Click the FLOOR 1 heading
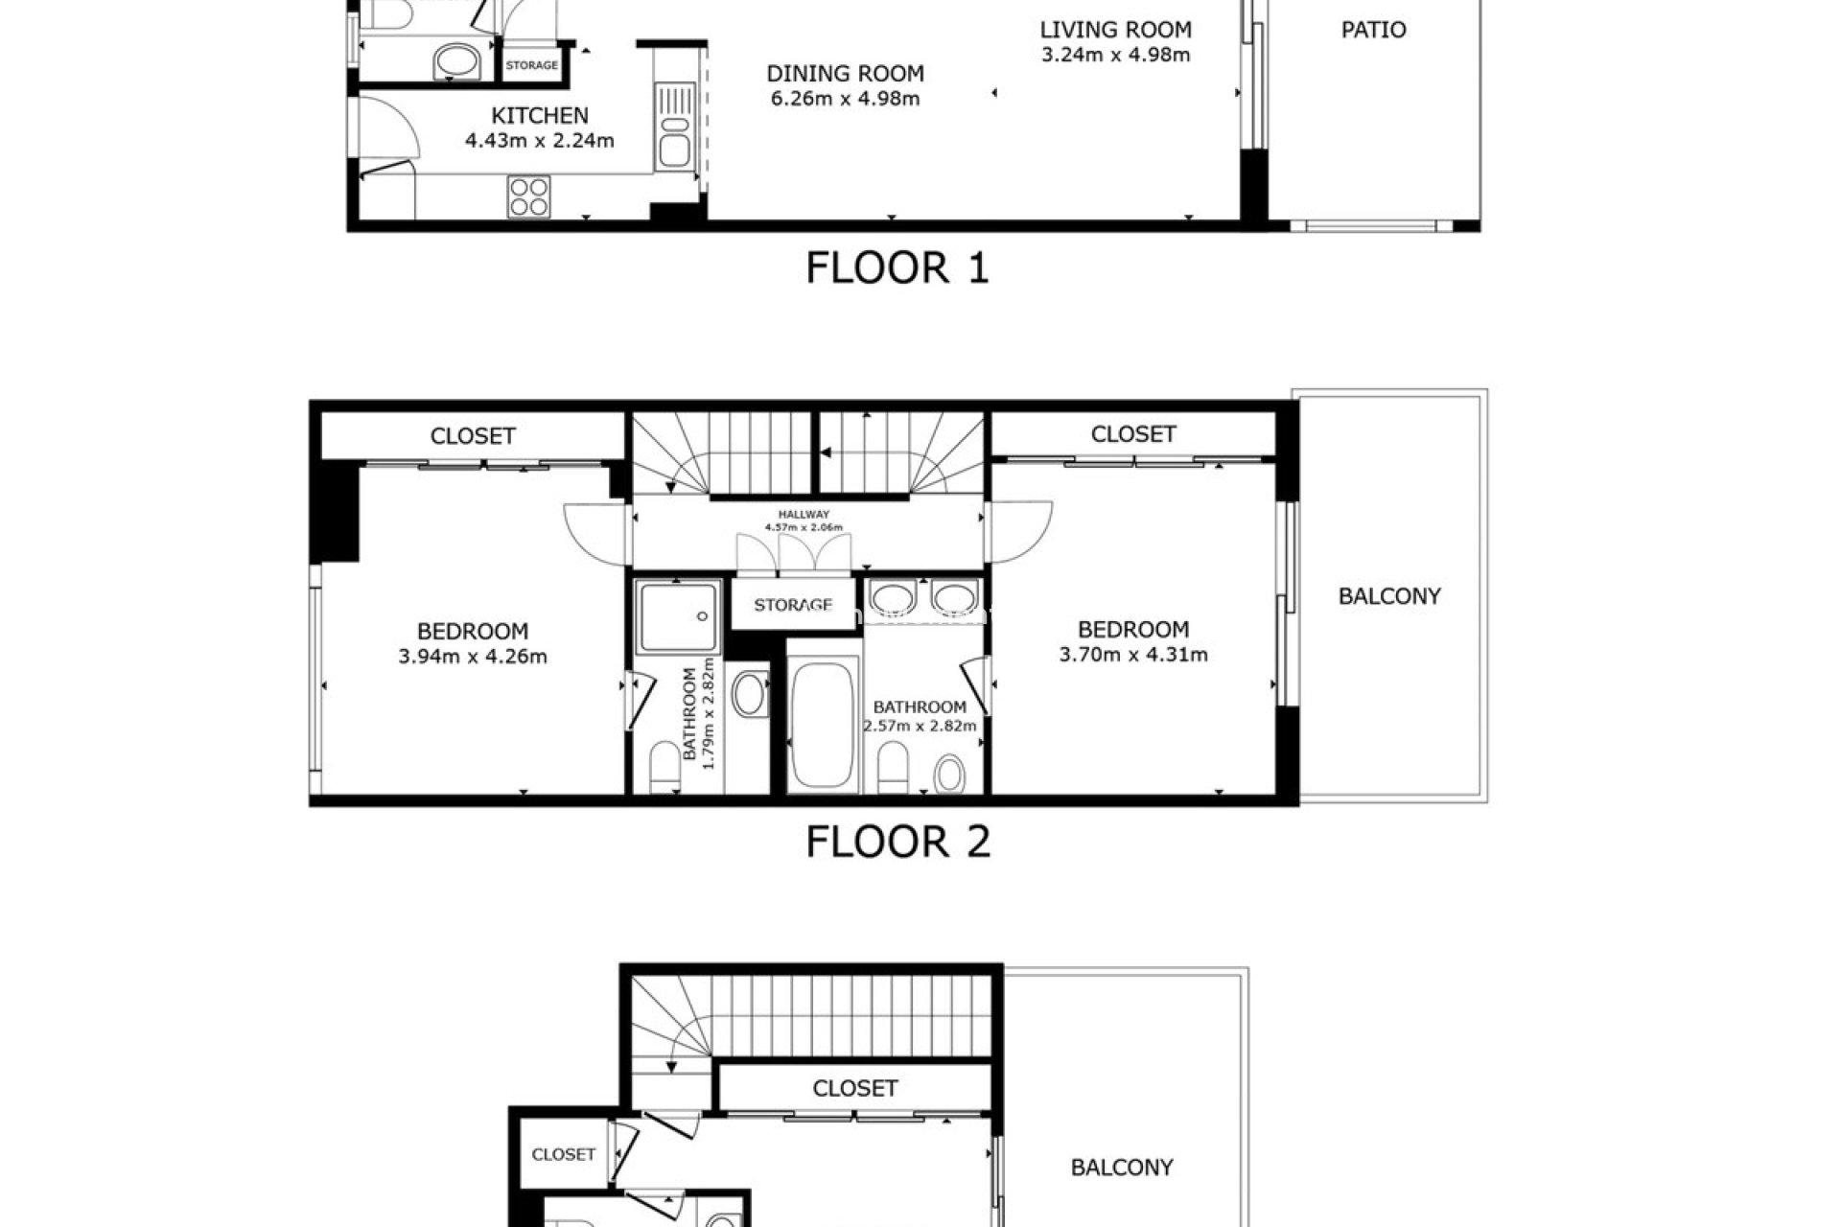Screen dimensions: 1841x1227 pyautogui.click(x=897, y=267)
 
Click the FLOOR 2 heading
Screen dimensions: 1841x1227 pyautogui.click(x=897, y=842)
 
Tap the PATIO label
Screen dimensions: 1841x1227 pyautogui.click(x=1373, y=30)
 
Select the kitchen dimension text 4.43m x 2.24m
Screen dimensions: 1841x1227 pyautogui.click(x=540, y=141)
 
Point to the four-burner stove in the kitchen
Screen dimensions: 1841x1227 pyautogui.click(x=529, y=197)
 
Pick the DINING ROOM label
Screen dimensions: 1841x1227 pyautogui.click(x=845, y=74)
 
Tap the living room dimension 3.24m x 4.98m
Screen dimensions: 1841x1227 pyautogui.click(x=1116, y=55)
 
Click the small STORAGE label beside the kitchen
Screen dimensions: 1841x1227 pyautogui.click(x=532, y=65)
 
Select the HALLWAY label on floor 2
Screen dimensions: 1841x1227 pyautogui.click(x=804, y=515)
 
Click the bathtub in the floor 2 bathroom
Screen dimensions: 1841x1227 pyautogui.click(x=823, y=724)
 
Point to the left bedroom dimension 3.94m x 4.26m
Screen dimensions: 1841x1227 pyautogui.click(x=473, y=657)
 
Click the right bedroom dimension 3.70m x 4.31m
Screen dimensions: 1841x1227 pyautogui.click(x=1133, y=655)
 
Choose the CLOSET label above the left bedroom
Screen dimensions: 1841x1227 pyautogui.click(x=473, y=436)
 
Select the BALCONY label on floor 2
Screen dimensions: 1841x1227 pyautogui.click(x=1389, y=596)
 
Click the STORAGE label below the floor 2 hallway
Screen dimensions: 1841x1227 pyautogui.click(x=792, y=605)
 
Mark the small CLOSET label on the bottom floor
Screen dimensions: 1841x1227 pyautogui.click(x=564, y=1154)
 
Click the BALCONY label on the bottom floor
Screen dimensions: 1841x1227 pyautogui.click(x=1122, y=1168)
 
